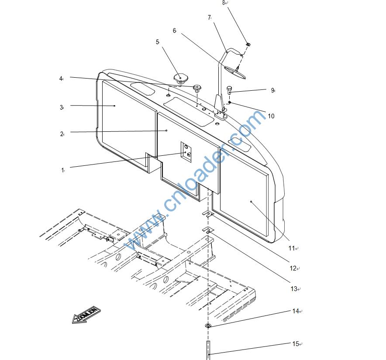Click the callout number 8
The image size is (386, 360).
point(224,3)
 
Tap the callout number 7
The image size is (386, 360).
point(209,17)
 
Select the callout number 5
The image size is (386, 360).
point(157,42)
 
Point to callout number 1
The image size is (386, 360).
point(62,170)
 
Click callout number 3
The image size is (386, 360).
point(62,107)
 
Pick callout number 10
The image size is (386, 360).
point(271,116)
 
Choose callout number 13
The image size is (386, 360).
point(294,289)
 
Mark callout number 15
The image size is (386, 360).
point(296,344)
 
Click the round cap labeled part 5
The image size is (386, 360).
point(179,79)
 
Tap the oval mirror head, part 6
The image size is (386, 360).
point(234,72)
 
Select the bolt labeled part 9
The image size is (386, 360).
point(230,90)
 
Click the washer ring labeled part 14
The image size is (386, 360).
point(208,326)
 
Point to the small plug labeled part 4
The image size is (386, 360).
point(197,88)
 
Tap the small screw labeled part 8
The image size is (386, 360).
point(248,44)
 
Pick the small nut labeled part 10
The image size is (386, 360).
point(229,103)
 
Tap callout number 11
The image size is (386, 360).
point(291,248)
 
